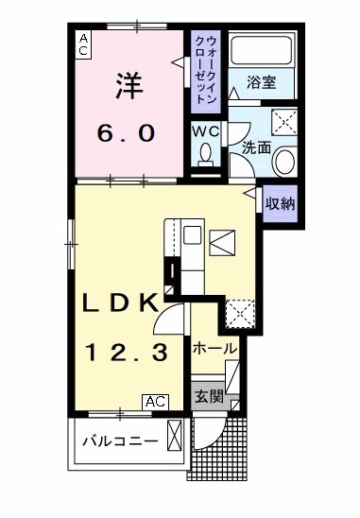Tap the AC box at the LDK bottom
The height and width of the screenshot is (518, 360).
click(155, 402)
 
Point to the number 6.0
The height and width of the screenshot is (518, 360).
click(127, 133)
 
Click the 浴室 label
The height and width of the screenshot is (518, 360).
click(261, 83)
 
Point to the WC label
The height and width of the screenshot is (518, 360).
click(207, 131)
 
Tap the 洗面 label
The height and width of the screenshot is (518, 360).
click(254, 147)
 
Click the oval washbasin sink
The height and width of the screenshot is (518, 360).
click(283, 161)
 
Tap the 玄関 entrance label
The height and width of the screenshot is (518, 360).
click(209, 397)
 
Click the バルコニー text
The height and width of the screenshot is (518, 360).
click(118, 440)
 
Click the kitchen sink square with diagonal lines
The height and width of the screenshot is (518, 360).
click(224, 243)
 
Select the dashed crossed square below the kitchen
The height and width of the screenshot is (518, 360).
click(239, 313)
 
